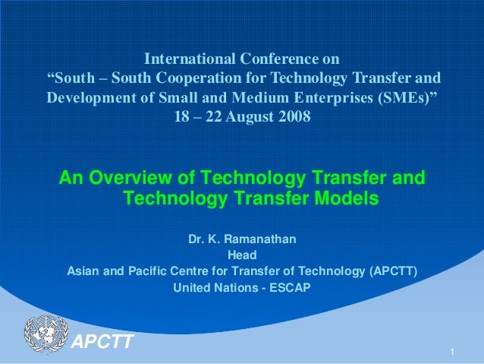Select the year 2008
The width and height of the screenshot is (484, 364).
294,119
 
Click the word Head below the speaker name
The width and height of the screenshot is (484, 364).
242,255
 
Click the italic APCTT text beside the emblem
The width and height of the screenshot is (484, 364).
102,341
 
